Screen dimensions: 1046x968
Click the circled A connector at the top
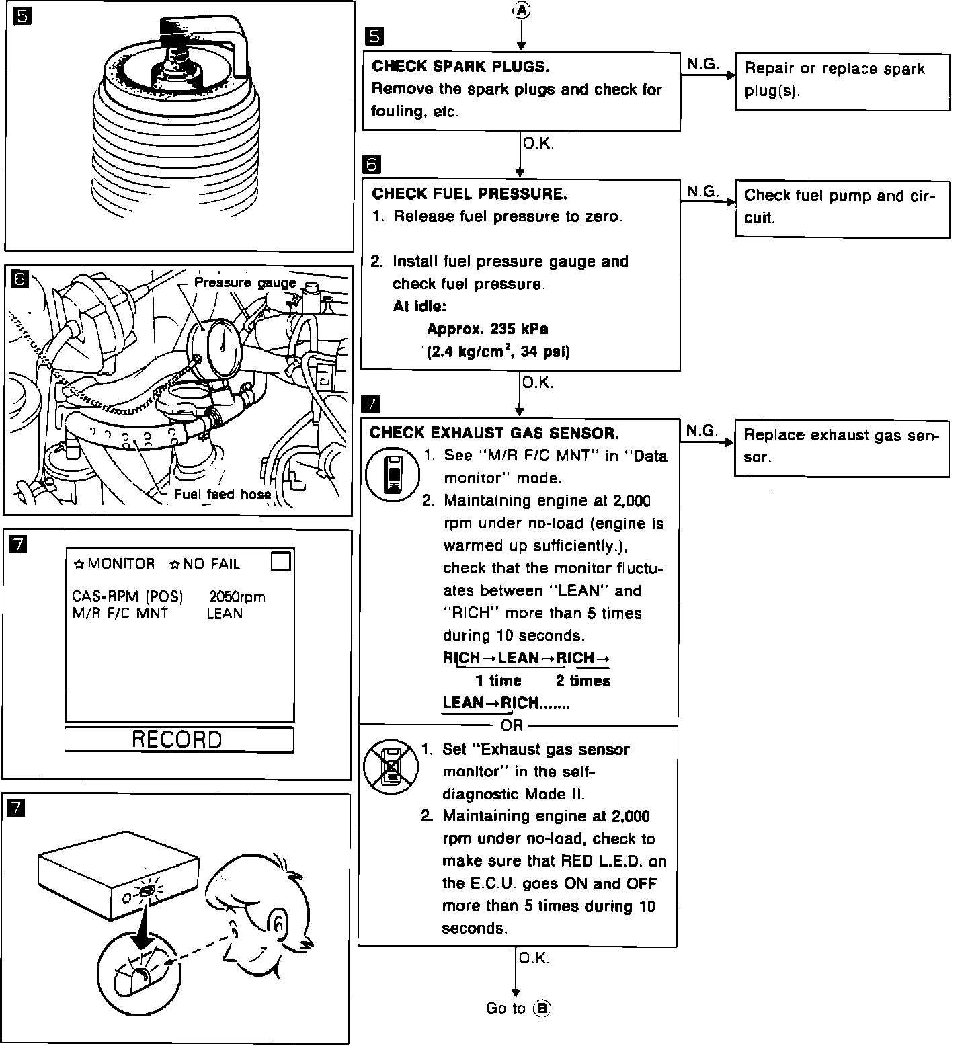click(521, 10)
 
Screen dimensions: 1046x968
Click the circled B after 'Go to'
click(542, 1008)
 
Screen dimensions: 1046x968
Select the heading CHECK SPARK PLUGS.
click(460, 66)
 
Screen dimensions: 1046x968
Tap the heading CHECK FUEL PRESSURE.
click(469, 194)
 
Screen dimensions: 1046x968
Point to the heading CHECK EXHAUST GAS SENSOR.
click(494, 432)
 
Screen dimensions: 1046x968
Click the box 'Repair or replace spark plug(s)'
click(842, 81)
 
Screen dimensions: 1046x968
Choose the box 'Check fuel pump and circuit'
click(842, 208)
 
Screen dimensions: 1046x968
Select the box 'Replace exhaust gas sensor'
click(842, 448)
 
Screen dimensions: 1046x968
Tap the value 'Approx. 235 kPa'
click(487, 329)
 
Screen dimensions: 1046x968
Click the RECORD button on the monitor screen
click(179, 739)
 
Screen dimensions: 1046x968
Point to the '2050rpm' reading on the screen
click(237, 596)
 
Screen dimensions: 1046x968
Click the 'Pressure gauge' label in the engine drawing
click(245, 282)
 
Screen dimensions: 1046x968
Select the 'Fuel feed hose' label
click(223, 495)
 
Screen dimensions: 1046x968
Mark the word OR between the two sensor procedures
click(512, 725)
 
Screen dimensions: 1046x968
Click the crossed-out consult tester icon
click(391, 766)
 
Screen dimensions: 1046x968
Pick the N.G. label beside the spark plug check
click(702, 64)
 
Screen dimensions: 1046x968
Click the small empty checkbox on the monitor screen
click(281, 561)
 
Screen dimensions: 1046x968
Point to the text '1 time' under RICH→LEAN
click(498, 680)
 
